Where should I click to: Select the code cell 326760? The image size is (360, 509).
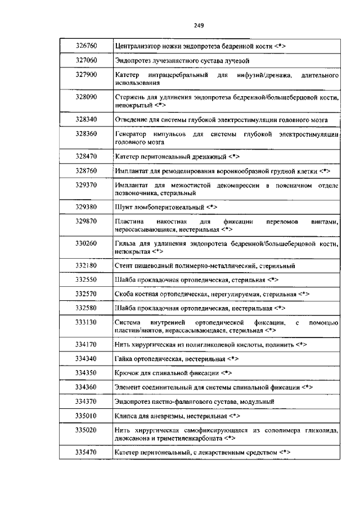[87, 45]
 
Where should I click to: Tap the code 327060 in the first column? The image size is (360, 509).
[87, 60]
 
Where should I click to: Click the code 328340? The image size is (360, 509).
[87, 119]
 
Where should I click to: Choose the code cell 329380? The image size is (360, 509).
[87, 206]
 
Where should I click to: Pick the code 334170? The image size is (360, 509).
[87, 344]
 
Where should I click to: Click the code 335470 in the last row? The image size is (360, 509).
[87, 452]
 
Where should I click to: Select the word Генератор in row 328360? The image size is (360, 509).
[130, 134]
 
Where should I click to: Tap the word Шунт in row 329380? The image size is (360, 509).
[122, 206]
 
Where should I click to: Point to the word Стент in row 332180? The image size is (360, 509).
[123, 265]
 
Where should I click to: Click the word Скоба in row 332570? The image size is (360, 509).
[124, 294]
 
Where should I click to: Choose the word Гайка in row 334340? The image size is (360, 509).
[124, 358]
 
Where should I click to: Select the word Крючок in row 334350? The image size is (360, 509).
[127, 372]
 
